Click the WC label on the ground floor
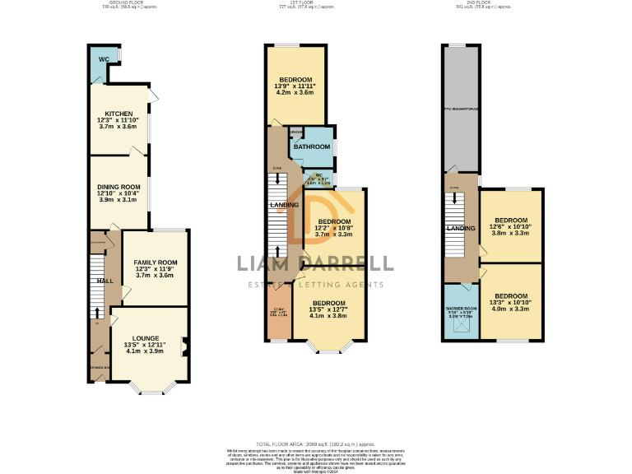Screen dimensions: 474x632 click(x=104, y=60)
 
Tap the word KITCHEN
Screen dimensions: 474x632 click(x=118, y=114)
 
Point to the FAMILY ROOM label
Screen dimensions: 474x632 click(x=156, y=263)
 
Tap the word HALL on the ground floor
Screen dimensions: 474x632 click(x=105, y=281)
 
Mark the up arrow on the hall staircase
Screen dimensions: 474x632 click(x=98, y=312)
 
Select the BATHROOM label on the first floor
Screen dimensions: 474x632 click(x=312, y=146)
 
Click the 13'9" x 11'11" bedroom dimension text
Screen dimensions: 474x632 click(x=295, y=86)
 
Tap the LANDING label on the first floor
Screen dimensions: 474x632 click(x=284, y=205)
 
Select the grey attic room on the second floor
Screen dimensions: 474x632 click(x=460, y=107)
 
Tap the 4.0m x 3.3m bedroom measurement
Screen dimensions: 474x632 click(x=511, y=309)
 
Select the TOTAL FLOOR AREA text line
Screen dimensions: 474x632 click(x=316, y=444)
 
